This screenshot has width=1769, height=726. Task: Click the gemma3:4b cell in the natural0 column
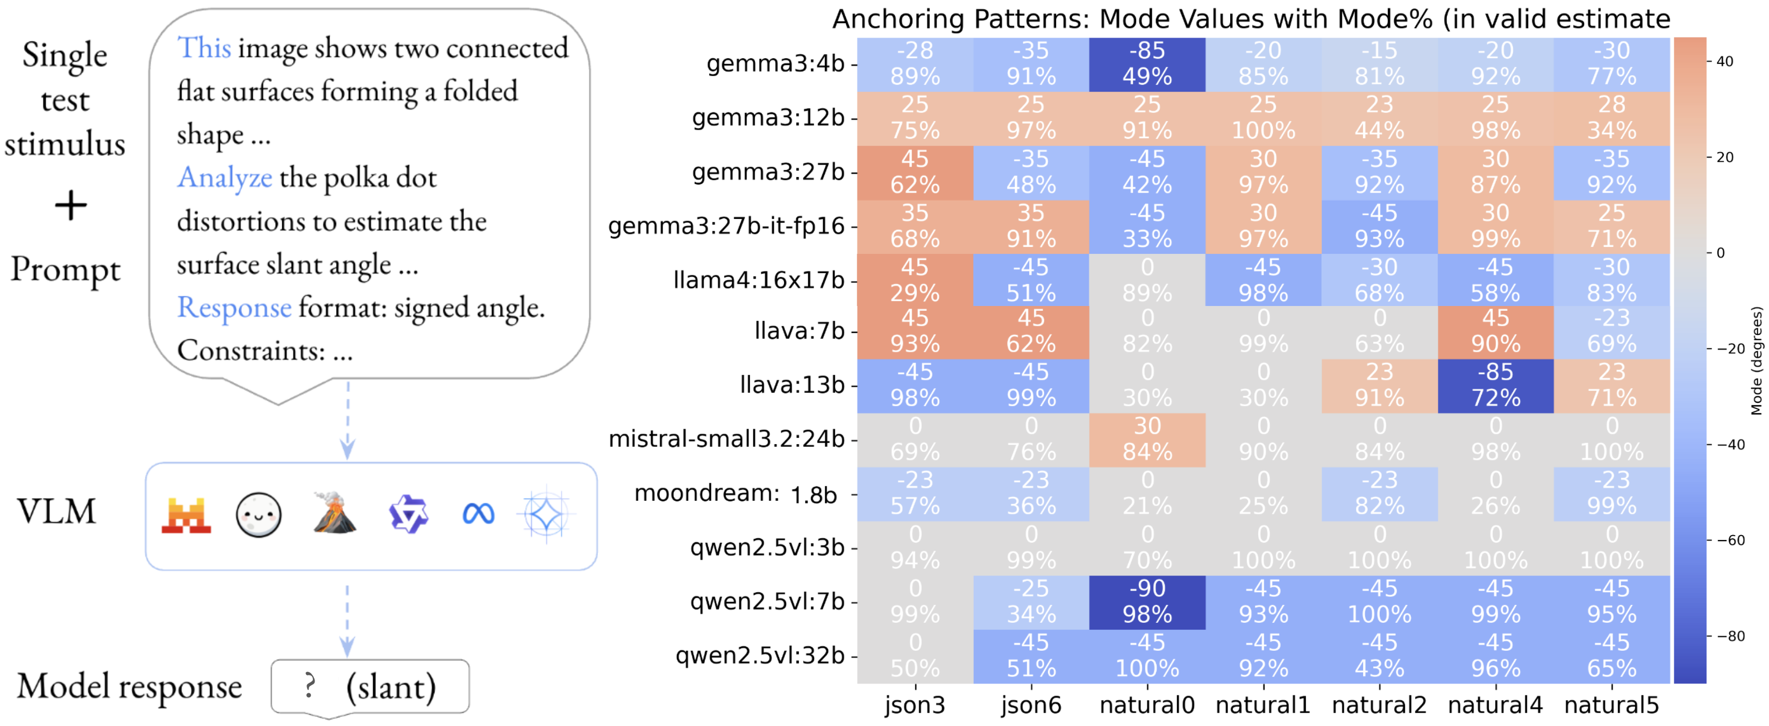[x=1147, y=64]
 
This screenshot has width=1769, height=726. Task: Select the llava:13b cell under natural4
[x=1496, y=386]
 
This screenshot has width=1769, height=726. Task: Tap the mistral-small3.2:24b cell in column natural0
[x=1147, y=439]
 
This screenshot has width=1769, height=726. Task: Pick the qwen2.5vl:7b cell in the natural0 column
[x=1147, y=602]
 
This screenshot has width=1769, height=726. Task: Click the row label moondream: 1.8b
[x=736, y=494]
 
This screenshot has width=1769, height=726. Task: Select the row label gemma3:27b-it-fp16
[x=726, y=226]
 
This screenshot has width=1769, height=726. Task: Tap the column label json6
[x=1031, y=706]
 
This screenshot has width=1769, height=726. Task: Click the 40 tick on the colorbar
[x=1724, y=61]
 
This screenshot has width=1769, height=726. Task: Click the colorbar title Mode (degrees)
[x=1756, y=361]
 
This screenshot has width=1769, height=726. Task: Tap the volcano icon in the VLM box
[x=334, y=513]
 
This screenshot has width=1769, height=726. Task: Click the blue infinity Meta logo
[x=479, y=514]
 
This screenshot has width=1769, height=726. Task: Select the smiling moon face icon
[x=258, y=515]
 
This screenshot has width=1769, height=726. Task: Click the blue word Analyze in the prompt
[x=225, y=177]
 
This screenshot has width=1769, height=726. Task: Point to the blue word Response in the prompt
[x=234, y=307]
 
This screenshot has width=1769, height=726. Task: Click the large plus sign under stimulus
[x=71, y=205]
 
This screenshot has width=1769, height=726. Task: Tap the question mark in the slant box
[x=310, y=686]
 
